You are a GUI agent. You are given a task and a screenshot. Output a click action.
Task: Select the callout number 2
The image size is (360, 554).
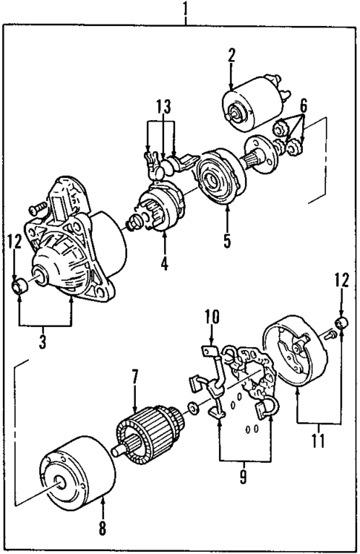point(232,56)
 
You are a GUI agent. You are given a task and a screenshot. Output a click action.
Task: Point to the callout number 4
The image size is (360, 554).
point(165,263)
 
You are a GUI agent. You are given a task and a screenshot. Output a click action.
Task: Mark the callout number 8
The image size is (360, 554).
point(102,530)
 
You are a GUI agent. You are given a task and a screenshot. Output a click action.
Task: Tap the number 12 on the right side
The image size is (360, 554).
point(341,282)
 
